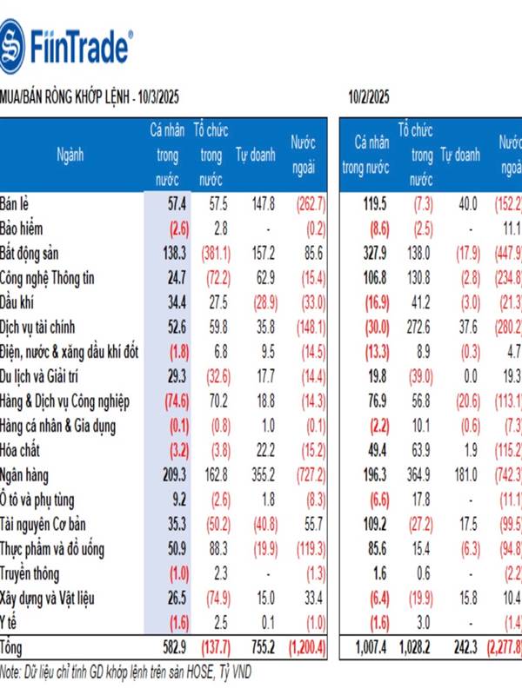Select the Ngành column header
(x=70, y=156)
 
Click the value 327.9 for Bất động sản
(x=372, y=253)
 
